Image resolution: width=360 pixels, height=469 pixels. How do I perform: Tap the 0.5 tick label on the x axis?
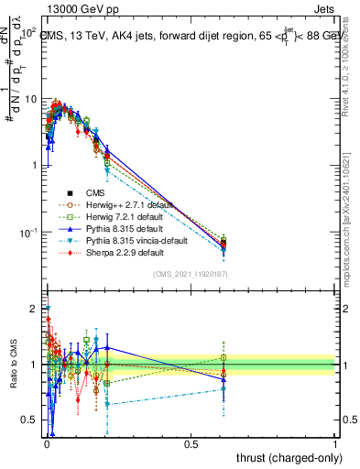191,443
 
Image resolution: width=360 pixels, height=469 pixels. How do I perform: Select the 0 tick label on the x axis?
46,443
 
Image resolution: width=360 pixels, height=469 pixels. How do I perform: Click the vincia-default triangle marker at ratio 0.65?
108,404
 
